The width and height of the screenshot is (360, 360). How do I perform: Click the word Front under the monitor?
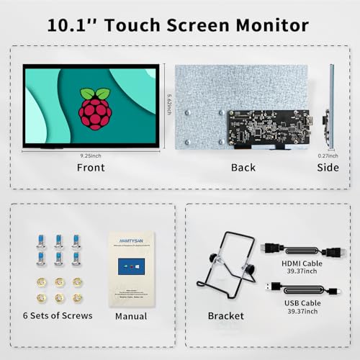(91, 168)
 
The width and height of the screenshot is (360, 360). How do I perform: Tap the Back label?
(243, 168)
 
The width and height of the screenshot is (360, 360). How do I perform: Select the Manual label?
(131, 316)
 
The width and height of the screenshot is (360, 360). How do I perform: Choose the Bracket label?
(225, 316)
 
